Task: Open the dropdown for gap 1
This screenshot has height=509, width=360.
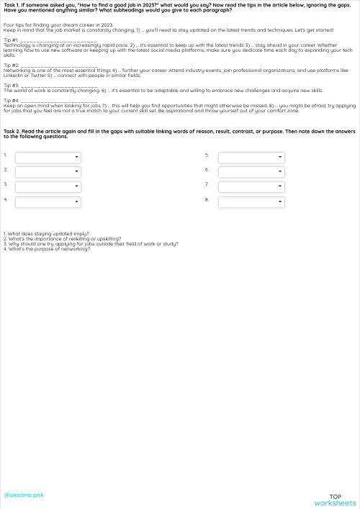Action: (x=48, y=157)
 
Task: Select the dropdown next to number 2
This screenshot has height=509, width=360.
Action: (x=48, y=172)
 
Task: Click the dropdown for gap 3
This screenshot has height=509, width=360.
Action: (x=48, y=186)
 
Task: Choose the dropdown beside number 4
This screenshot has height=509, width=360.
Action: (x=48, y=202)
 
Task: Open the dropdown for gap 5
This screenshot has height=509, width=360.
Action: (x=251, y=157)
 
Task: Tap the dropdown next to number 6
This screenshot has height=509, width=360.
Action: (x=251, y=172)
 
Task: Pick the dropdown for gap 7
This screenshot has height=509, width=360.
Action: (x=251, y=186)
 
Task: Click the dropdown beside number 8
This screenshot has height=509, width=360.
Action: (x=251, y=202)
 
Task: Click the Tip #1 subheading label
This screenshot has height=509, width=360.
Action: (x=11, y=40)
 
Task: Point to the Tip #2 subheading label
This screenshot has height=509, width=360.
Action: (x=11, y=65)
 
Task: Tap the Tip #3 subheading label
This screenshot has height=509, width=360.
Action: (x=11, y=85)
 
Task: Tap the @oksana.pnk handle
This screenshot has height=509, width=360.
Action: (x=24, y=495)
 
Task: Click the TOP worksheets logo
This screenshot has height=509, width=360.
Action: (x=335, y=500)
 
